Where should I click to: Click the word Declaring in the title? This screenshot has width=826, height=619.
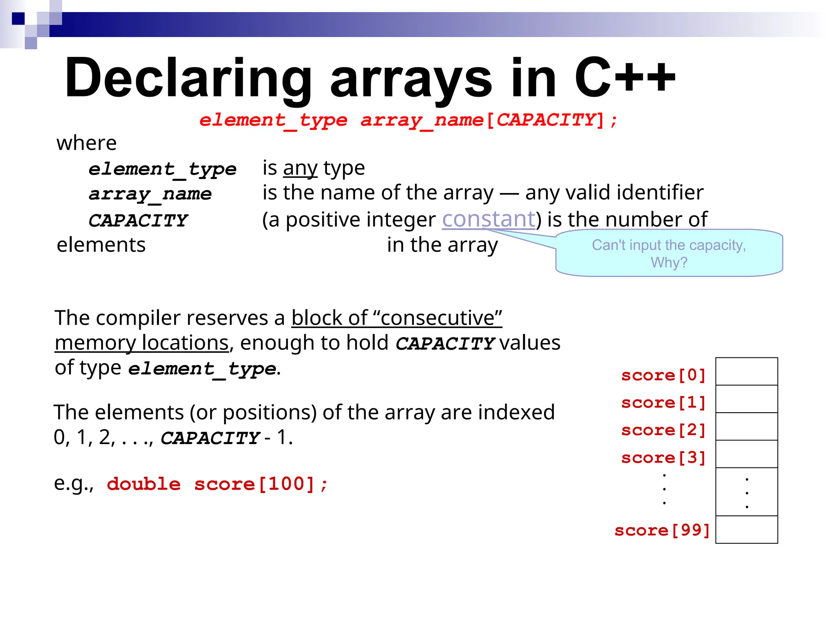point(188,79)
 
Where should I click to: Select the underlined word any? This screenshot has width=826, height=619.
point(300,168)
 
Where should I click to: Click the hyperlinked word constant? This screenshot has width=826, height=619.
point(488,219)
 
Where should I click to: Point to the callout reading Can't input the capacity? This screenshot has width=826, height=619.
point(668,245)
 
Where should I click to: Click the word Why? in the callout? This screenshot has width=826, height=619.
point(669,262)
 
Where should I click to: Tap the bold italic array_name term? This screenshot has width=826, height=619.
point(150,194)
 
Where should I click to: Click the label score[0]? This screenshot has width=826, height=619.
point(663,375)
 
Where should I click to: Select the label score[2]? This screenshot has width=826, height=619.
point(663,430)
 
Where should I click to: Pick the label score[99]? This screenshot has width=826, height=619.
point(661,530)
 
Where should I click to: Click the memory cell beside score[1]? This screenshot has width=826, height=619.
point(747,399)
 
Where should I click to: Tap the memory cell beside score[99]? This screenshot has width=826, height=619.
point(747,530)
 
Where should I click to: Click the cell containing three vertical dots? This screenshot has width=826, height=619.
point(747,492)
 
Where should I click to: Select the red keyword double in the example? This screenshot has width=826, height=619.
point(144,484)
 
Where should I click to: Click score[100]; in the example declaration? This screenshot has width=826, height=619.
point(261,484)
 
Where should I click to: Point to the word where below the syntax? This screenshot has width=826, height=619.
point(86,143)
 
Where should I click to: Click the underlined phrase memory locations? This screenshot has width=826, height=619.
point(142,343)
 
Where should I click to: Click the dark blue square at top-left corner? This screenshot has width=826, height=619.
point(18,19)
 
